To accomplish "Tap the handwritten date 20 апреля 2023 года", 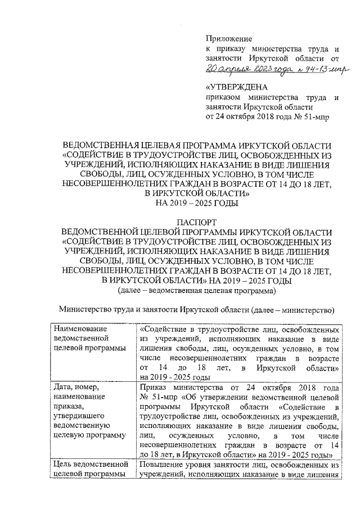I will point(238,69).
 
